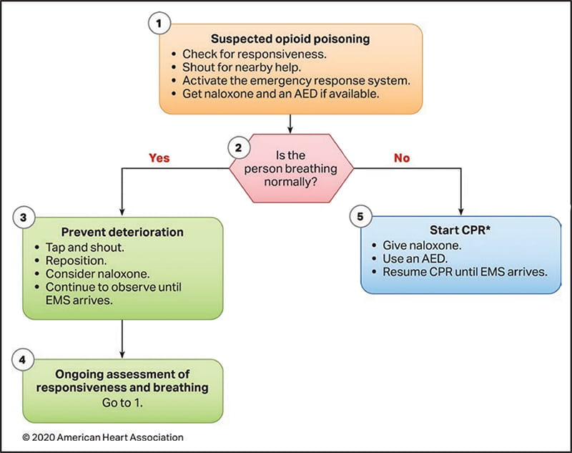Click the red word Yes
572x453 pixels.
click(159, 157)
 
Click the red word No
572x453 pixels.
click(402, 157)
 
